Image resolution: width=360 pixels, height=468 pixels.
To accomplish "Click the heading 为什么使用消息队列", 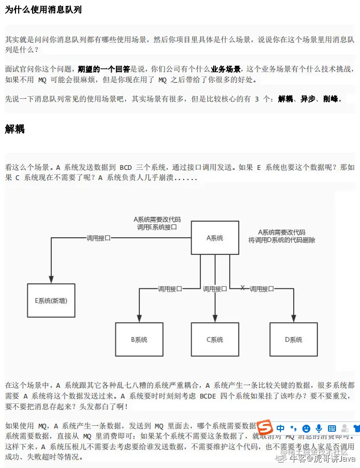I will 44,10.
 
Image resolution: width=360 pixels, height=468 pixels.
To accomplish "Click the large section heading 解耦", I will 15,129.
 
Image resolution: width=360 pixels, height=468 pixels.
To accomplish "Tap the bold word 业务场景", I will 225,69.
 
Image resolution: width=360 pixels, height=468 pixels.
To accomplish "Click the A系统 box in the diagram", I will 215,238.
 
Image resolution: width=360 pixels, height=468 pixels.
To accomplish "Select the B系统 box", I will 139,340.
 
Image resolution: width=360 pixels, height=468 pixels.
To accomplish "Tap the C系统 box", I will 215,340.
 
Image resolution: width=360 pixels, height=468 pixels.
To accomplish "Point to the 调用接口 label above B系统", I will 169,288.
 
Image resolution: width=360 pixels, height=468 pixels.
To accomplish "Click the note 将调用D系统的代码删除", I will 282,240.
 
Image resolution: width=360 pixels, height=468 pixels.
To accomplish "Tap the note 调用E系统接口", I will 156,227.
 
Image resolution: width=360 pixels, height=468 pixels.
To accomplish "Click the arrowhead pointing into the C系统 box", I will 215,319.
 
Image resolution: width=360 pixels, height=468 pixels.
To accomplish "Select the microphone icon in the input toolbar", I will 319,428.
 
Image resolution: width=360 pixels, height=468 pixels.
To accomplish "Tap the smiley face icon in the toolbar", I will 306,428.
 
